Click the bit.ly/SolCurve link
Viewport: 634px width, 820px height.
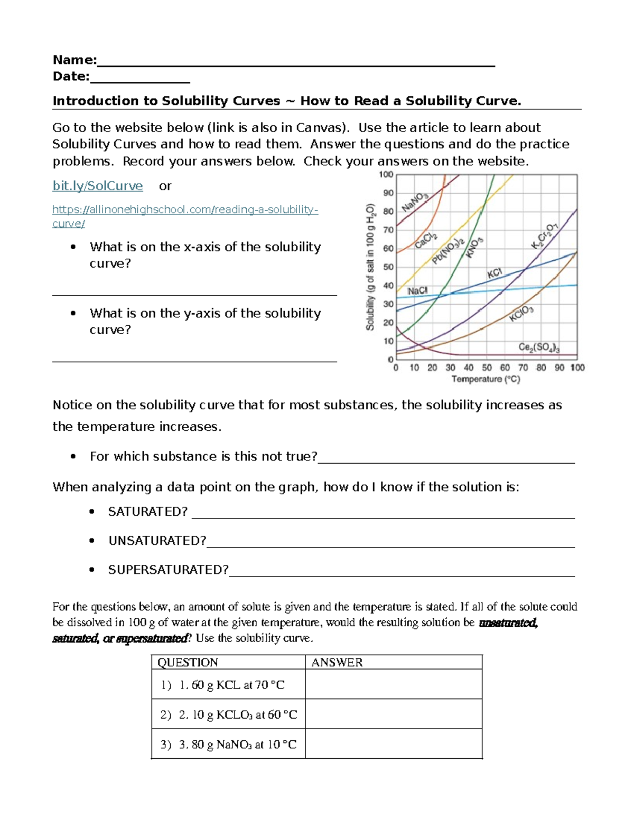97,186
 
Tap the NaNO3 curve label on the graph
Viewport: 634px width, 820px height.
415,202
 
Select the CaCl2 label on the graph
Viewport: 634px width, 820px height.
426,240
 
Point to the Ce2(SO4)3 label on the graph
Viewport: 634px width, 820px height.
539,347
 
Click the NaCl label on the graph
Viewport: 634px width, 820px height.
417,291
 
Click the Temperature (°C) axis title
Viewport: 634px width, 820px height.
486,379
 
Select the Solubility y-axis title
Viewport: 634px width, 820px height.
370,267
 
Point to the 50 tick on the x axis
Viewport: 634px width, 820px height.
487,367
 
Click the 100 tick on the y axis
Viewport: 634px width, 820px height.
386,175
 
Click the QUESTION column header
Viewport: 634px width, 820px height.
188,662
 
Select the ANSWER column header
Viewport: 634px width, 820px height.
337,662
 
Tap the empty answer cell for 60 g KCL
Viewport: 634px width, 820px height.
394,684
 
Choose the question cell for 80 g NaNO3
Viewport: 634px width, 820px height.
228,744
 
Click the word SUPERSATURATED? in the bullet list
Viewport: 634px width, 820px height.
168,570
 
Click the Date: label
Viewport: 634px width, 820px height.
71,77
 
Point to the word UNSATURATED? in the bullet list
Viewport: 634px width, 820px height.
157,541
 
